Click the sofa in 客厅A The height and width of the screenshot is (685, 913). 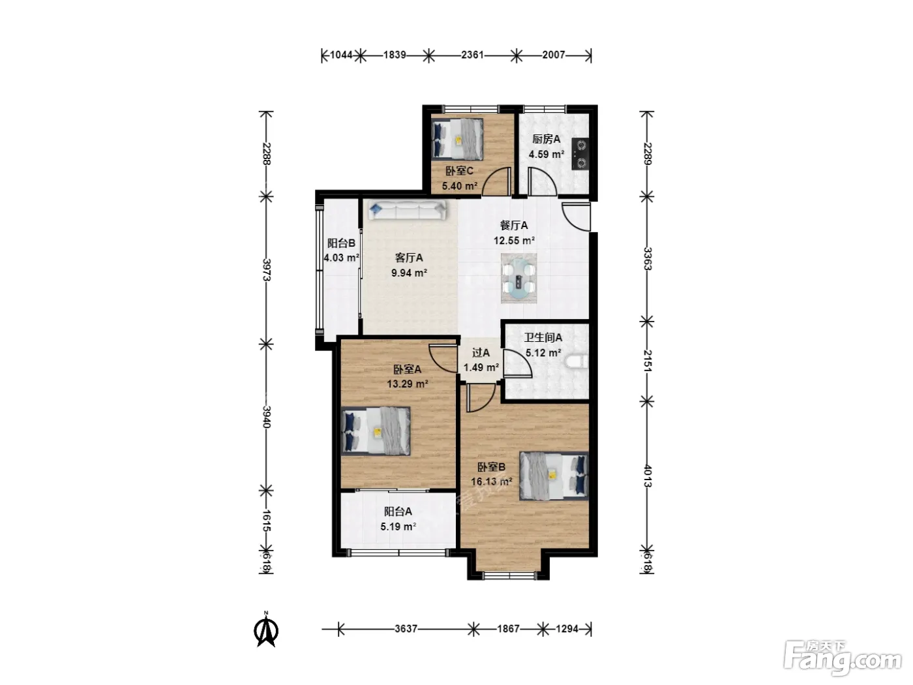(407, 210)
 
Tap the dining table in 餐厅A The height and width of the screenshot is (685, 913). (518, 279)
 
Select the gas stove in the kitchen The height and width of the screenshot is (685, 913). (580, 154)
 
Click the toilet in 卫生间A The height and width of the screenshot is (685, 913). (577, 361)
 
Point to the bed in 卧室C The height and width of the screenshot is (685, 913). (457, 139)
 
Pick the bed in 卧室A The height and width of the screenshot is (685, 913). (376, 431)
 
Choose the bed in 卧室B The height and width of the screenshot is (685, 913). (554, 476)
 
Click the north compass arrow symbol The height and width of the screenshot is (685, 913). (266, 630)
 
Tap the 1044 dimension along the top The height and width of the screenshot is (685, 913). (341, 55)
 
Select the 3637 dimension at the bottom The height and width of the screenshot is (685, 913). (406, 628)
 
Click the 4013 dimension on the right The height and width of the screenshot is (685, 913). (647, 476)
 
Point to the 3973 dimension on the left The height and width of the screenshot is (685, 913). (267, 269)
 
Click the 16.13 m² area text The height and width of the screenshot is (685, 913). (491, 481)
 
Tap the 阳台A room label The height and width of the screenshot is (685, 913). (398, 511)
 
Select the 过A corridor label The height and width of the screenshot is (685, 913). (481, 353)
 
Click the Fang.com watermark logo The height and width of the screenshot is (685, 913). (843, 658)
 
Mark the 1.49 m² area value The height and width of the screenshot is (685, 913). (481, 368)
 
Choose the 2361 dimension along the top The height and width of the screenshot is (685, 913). (473, 55)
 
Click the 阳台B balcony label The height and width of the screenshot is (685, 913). (341, 243)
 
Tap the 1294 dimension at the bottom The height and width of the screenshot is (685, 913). (567, 628)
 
